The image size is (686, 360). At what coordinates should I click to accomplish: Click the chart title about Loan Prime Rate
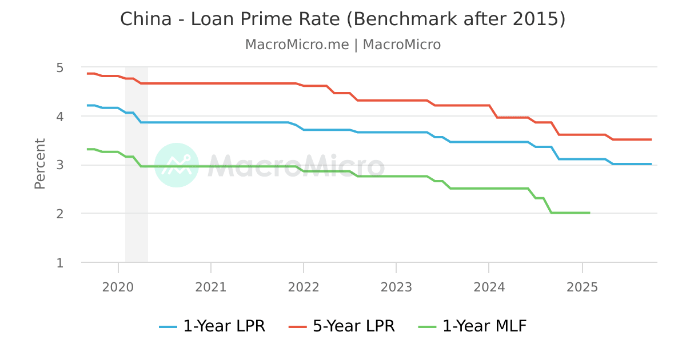click(x=342, y=19)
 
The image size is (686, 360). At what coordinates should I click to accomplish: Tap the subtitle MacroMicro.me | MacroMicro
click(x=342, y=45)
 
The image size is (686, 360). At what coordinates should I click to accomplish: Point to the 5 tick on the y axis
click(x=59, y=67)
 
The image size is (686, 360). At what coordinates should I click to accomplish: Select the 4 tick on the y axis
click(x=59, y=117)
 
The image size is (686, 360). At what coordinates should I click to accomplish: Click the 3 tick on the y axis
click(x=59, y=165)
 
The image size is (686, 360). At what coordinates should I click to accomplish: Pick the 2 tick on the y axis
click(x=59, y=214)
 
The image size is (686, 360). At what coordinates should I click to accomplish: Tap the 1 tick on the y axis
click(x=59, y=263)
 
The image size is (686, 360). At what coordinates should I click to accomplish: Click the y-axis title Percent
click(x=39, y=163)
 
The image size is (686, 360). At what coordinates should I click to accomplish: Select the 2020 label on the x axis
click(x=118, y=287)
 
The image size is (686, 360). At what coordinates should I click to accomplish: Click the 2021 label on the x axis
click(x=211, y=287)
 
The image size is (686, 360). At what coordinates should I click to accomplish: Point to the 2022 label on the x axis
click(x=304, y=287)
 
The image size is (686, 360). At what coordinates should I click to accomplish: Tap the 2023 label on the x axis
click(x=396, y=287)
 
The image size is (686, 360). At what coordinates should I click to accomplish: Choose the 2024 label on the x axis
click(x=489, y=287)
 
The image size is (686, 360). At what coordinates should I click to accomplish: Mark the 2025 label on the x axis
click(x=582, y=287)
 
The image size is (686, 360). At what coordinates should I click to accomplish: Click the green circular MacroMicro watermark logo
click(x=177, y=165)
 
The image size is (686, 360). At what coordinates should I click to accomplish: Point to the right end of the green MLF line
click(x=589, y=213)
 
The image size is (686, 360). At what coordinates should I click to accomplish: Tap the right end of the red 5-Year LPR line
click(x=651, y=139)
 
